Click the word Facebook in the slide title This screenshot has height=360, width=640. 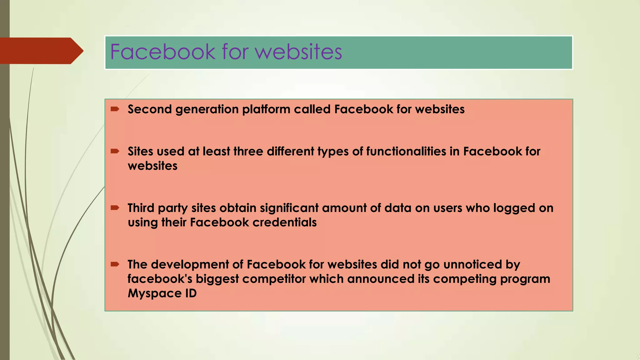(x=163, y=52)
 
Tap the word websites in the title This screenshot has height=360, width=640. (x=299, y=52)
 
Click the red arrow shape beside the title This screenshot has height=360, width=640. (x=41, y=51)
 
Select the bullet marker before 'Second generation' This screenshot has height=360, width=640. (x=115, y=109)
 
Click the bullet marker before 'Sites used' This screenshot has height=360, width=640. (x=115, y=151)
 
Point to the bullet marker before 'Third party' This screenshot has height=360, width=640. (x=115, y=207)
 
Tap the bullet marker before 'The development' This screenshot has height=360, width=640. (x=115, y=264)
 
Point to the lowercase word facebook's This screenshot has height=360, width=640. (x=160, y=279)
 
